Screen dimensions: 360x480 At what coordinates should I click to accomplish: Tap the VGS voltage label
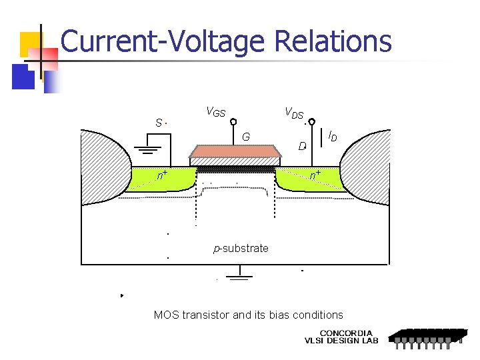point(215,112)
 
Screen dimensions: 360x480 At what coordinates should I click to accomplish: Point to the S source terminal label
point(159,123)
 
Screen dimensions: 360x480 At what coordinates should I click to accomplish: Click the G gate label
point(246,137)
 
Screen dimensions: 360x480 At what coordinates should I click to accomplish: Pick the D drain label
point(302,145)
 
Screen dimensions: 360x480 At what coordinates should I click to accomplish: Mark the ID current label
point(332,137)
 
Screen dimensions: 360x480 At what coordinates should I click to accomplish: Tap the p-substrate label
point(241,249)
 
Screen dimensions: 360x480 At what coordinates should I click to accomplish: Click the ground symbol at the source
point(148,150)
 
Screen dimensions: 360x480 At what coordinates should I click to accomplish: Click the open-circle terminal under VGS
point(233,122)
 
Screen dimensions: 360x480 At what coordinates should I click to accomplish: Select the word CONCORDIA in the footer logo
point(347,333)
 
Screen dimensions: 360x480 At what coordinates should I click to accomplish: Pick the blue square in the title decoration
point(23,77)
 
